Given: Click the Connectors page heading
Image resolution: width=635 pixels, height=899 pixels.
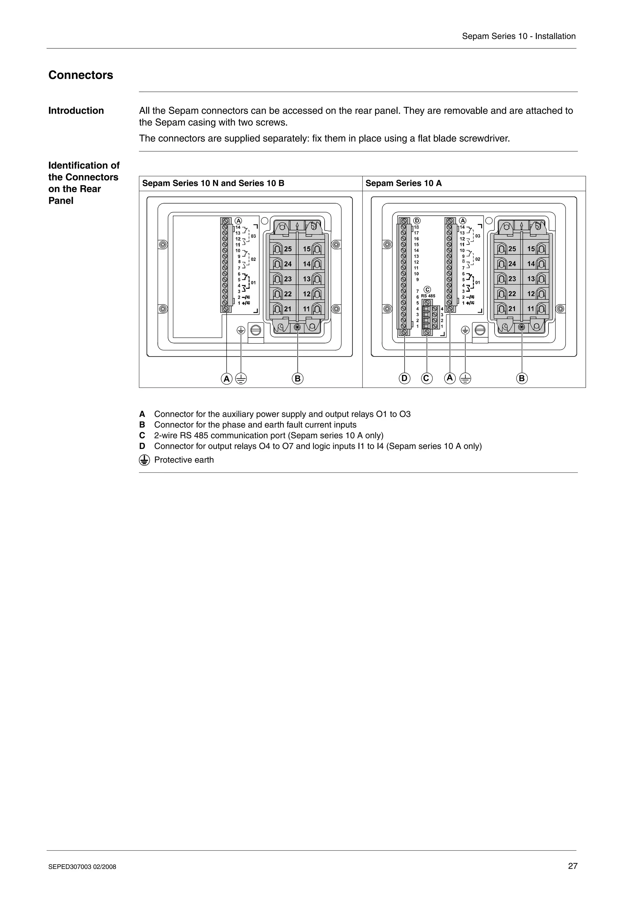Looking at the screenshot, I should [x=81, y=75].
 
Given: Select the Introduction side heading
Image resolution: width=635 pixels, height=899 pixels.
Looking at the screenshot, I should [x=76, y=111].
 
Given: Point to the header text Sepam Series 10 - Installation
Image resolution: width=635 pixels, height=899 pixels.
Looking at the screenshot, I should [x=518, y=36].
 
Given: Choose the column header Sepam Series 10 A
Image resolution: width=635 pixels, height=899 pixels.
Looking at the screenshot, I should [x=403, y=183].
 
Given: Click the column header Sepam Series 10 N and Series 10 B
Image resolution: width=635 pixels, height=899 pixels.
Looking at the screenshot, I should [x=213, y=183].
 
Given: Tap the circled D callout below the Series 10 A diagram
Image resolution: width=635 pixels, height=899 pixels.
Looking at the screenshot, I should [x=405, y=378].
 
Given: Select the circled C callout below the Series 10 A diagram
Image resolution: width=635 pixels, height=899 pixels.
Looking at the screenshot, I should [x=426, y=378].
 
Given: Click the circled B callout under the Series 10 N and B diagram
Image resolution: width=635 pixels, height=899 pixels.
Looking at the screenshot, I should [x=298, y=379].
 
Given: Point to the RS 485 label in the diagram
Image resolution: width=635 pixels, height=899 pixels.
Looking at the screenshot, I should [x=428, y=296].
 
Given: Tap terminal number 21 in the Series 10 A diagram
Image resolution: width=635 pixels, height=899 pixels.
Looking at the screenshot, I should [x=512, y=309].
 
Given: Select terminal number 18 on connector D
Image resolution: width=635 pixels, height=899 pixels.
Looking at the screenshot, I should [x=416, y=227].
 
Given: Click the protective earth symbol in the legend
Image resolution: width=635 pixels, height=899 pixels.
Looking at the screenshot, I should [x=144, y=460].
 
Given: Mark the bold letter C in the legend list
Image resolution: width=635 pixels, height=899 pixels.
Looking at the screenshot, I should [x=142, y=436].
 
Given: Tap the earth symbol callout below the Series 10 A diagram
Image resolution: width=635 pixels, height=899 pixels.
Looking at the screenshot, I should [x=465, y=378].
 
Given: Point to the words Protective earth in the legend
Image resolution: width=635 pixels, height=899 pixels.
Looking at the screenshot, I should [x=184, y=460].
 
